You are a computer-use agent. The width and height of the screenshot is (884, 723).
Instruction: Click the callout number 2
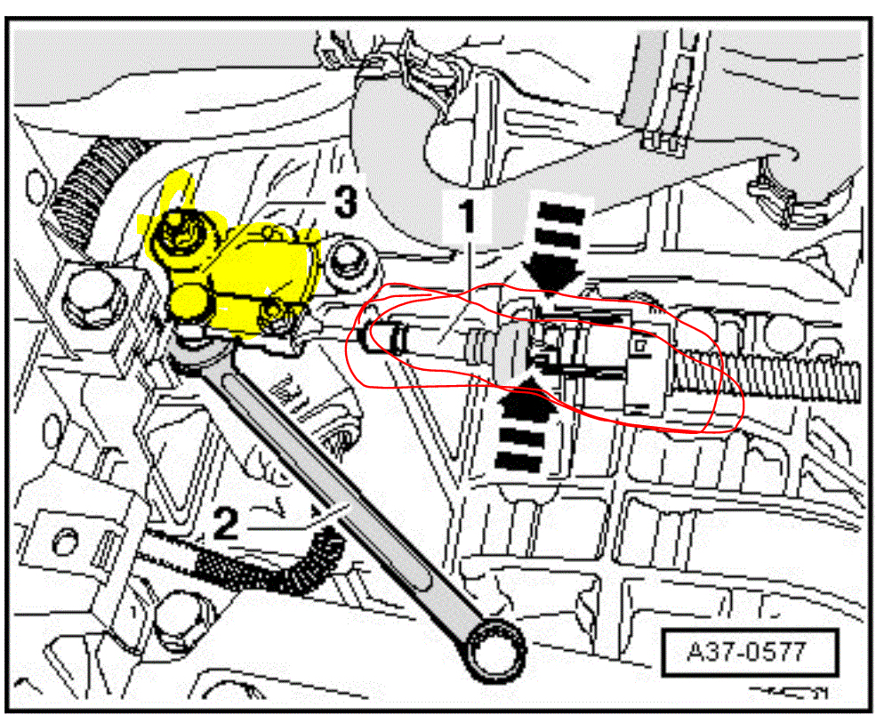pos(226,525)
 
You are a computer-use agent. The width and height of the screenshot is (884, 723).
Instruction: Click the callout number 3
pos(344,203)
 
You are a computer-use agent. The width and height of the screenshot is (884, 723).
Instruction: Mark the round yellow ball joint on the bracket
pos(189,303)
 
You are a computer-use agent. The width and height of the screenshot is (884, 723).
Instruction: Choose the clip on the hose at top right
pos(658,138)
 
